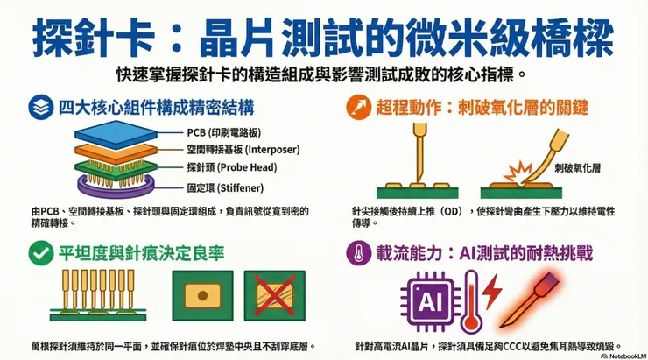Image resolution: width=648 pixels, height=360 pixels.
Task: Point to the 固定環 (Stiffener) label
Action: pos(224,187)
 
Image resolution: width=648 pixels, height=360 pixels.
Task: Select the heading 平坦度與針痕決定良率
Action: pos(141,253)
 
